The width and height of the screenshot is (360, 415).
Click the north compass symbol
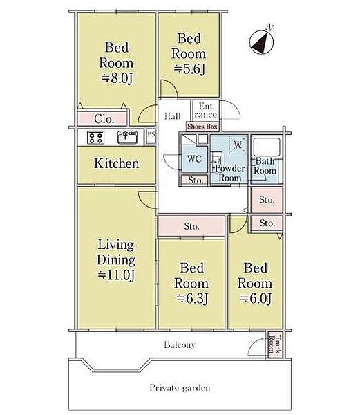(x=261, y=41)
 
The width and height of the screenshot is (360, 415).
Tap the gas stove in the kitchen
(x=95, y=138)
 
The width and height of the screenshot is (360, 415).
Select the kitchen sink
(x=127, y=138)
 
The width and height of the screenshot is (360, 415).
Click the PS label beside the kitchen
(x=151, y=134)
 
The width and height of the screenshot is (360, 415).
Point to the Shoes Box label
(x=202, y=127)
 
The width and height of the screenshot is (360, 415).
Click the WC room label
(x=194, y=159)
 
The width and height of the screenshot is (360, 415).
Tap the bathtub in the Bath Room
(x=267, y=147)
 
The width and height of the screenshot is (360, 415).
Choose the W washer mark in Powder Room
(x=238, y=145)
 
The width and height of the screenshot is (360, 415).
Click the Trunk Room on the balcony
(x=274, y=344)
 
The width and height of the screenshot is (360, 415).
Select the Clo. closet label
(x=104, y=119)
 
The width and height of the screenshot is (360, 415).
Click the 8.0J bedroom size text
(x=117, y=78)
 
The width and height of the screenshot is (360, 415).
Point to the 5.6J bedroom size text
(x=189, y=69)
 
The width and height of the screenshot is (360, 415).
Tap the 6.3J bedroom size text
(x=192, y=299)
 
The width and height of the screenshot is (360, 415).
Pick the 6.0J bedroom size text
(x=256, y=299)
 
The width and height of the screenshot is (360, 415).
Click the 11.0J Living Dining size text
(x=116, y=275)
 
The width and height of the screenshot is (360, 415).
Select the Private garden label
(x=180, y=388)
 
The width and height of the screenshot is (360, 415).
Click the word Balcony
(x=180, y=344)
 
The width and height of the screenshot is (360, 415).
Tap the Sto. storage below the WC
(x=195, y=181)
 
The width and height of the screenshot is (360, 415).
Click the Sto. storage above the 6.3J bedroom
(x=191, y=226)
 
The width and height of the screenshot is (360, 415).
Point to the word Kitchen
(x=117, y=163)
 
